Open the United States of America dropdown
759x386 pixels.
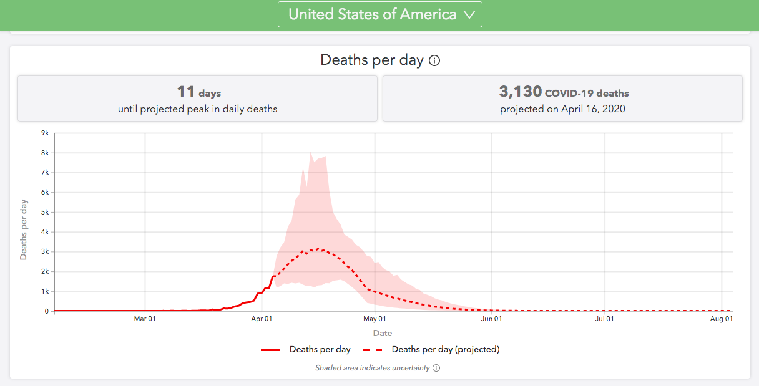[x=379, y=15]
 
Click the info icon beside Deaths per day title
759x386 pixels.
[x=435, y=61]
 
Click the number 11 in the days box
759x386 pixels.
[x=186, y=92]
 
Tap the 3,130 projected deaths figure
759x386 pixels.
[x=521, y=92]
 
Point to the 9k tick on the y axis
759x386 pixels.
[x=45, y=133]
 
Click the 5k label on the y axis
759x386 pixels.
[x=45, y=212]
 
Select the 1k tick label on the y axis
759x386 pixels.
[x=45, y=291]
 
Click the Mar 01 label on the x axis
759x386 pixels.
[x=145, y=319]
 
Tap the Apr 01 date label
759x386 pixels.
[x=262, y=319]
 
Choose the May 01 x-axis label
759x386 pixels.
[x=375, y=319]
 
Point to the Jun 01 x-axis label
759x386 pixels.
[x=492, y=319]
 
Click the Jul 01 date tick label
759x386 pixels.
[x=604, y=319]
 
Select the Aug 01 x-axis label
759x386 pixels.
[x=722, y=319]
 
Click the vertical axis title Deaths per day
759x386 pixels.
[x=24, y=229]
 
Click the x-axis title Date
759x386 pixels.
[x=383, y=333]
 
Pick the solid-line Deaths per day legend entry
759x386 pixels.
[x=306, y=350]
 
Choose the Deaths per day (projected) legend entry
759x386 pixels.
[x=431, y=350]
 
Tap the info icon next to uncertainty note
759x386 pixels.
[x=436, y=368]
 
